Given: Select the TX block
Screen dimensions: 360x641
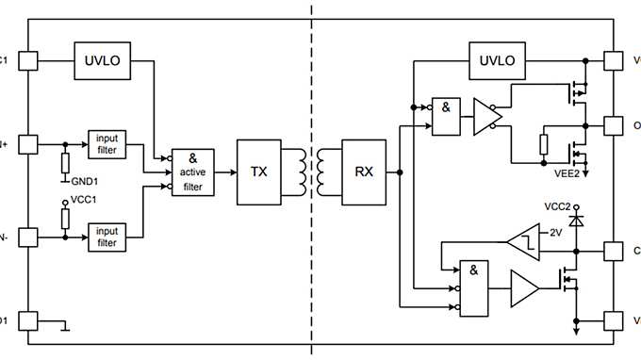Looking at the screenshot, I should [258, 172].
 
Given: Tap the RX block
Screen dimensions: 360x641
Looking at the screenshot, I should [364, 172].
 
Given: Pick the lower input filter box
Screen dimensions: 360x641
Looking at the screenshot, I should [107, 236].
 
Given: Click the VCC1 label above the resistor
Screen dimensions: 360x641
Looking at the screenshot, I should [85, 201].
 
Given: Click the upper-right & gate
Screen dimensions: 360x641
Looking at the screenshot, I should [447, 116].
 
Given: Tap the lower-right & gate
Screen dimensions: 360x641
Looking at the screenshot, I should [474, 286].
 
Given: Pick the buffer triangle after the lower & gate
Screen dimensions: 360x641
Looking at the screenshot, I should [525, 286].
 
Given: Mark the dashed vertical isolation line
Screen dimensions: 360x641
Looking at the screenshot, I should [312, 179].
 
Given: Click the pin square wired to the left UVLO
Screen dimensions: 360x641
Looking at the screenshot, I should [27, 60].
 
